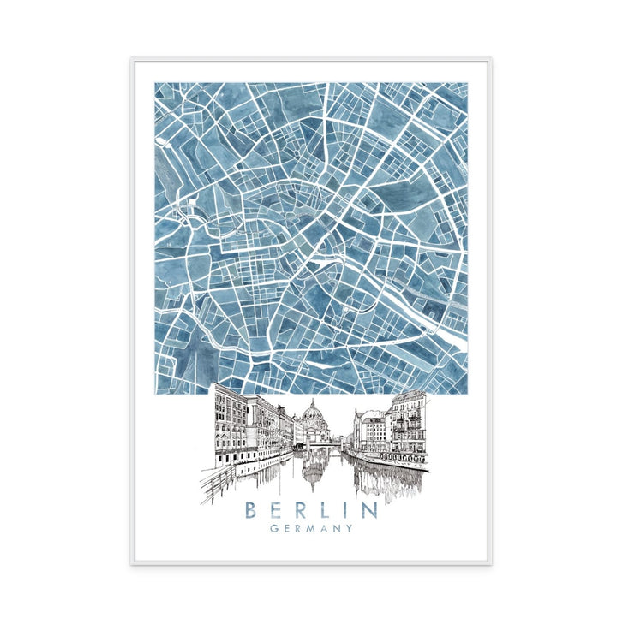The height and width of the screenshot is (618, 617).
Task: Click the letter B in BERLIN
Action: (251, 510)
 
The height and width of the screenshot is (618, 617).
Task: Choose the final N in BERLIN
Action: (368, 510)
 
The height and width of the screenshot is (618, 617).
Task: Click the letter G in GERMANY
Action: (273, 529)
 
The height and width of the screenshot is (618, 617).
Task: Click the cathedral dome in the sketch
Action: (311, 414)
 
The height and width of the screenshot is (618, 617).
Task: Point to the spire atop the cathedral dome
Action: (311, 400)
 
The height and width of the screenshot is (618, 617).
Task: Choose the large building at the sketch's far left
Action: (229, 424)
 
